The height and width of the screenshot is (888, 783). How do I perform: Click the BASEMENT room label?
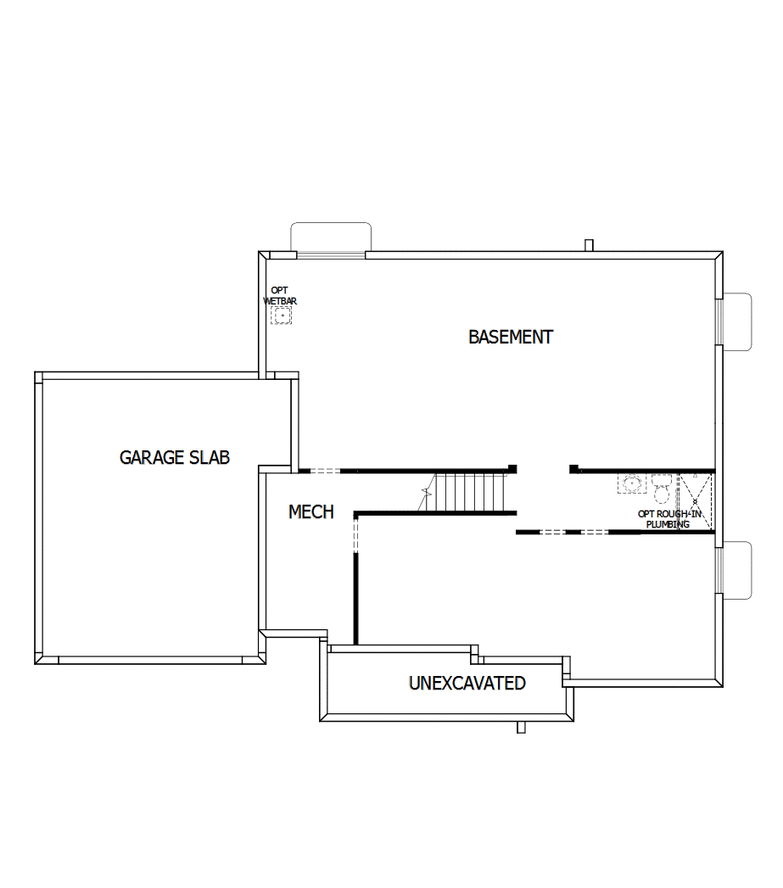(x=511, y=337)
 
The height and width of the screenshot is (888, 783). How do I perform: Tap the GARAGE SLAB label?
(x=174, y=458)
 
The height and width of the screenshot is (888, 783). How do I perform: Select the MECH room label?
(x=311, y=512)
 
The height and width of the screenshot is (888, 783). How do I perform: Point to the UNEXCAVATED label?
(x=467, y=683)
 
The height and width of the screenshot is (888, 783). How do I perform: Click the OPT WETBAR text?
(x=279, y=296)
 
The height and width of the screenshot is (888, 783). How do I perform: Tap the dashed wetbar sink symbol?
(x=281, y=316)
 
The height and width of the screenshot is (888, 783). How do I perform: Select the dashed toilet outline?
(x=663, y=489)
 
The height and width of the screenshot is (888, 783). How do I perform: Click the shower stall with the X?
(x=696, y=500)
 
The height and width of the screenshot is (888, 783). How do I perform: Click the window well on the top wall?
(x=331, y=237)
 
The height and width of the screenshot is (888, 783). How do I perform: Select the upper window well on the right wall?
(x=736, y=321)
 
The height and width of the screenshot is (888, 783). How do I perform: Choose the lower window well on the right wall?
(x=736, y=570)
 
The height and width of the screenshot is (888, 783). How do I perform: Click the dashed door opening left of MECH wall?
(x=325, y=471)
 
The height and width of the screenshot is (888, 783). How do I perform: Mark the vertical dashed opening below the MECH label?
(x=356, y=534)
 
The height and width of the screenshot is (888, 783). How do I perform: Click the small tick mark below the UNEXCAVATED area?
(x=522, y=727)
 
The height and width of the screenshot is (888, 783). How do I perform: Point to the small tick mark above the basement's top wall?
(x=589, y=245)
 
